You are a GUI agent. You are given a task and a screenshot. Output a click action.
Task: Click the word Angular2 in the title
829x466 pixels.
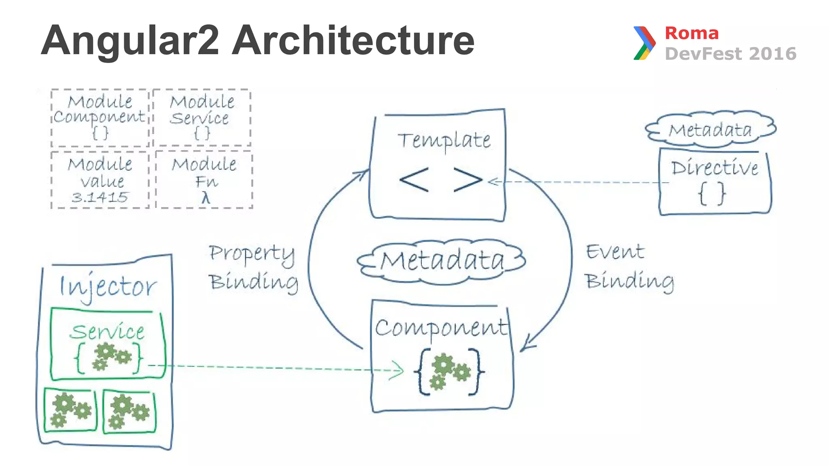[130, 40]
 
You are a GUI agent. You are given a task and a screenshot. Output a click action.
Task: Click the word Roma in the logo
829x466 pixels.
[691, 33]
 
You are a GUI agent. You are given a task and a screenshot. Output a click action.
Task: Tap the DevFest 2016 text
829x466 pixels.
[731, 54]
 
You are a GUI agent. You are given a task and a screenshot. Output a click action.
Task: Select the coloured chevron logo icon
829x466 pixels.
[644, 43]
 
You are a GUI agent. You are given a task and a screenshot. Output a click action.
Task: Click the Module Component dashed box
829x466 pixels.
[100, 117]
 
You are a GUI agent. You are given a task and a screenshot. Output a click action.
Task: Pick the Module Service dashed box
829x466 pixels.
[202, 117]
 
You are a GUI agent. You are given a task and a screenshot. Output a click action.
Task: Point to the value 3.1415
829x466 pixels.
[100, 197]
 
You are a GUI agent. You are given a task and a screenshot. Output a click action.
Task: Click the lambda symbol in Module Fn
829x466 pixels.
[206, 198]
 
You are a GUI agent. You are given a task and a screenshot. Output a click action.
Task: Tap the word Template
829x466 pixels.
[444, 140]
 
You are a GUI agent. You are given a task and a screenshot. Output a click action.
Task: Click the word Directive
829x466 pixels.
[714, 168]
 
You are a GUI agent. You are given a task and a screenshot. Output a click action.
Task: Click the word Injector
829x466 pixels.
[108, 286]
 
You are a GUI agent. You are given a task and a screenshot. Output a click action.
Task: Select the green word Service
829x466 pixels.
[107, 332]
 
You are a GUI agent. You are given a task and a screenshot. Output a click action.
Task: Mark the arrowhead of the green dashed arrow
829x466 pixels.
[398, 371]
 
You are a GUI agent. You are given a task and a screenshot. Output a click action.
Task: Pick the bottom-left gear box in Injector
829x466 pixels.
[70, 410]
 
